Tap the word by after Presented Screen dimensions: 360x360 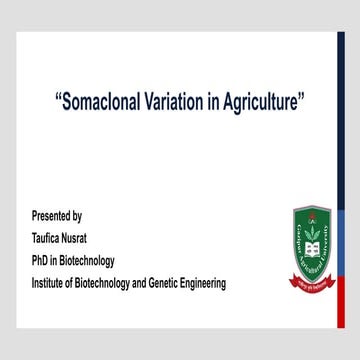click(x=77, y=215)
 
